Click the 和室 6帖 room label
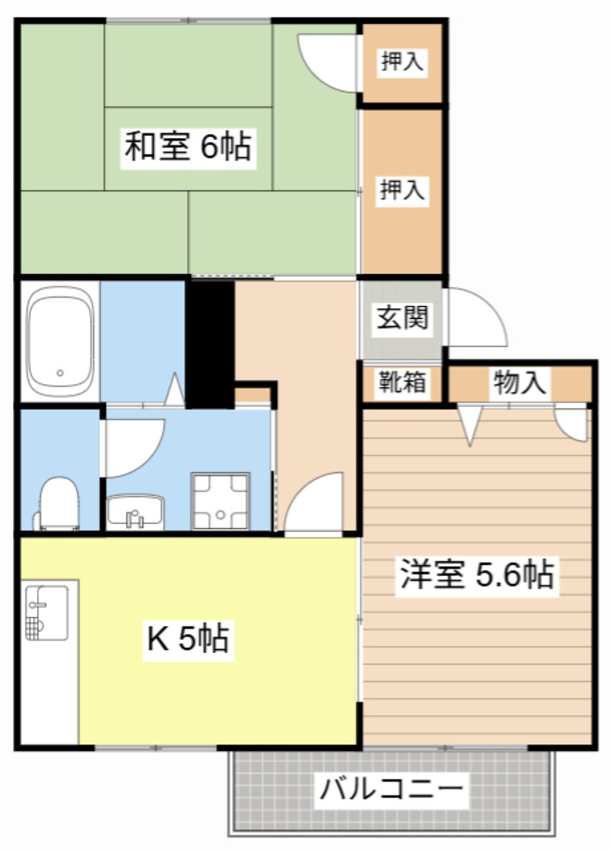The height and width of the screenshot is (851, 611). click(x=188, y=146)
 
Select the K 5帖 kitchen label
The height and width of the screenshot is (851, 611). click(x=188, y=638)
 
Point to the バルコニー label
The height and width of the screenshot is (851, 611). click(x=391, y=789)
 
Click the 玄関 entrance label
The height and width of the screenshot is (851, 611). click(x=402, y=317)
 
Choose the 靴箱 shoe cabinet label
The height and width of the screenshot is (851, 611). click(x=402, y=382)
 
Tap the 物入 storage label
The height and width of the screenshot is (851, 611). click(x=519, y=382)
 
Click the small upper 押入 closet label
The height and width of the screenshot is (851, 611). click(x=401, y=61)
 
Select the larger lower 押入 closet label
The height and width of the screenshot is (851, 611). click(x=402, y=189)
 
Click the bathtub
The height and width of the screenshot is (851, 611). click(x=60, y=341)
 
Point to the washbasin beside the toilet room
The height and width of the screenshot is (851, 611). click(x=135, y=511)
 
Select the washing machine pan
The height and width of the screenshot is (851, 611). click(x=220, y=501)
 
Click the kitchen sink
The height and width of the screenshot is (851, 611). click(x=47, y=612)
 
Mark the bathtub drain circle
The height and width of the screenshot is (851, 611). click(x=60, y=373)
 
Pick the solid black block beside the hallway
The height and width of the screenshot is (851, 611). click(x=210, y=343)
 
